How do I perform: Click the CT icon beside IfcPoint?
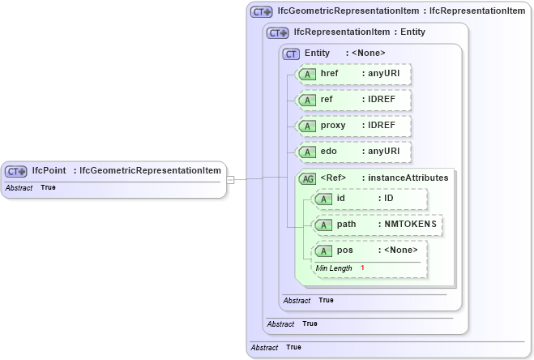tap(16, 171)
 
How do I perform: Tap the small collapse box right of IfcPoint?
tap(230, 179)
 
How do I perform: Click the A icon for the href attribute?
tap(307, 75)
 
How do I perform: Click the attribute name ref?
tap(327, 100)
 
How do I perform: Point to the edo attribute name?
tap(328, 152)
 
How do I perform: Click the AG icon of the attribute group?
tap(307, 178)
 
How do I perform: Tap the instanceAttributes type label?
tap(408, 178)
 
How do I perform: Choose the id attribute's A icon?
tap(323, 199)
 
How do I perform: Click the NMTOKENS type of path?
tap(409, 225)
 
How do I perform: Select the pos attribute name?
tap(344, 251)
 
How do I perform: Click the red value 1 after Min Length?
tap(362, 268)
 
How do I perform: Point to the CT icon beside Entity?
tap(291, 54)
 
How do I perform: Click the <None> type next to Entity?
tap(368, 54)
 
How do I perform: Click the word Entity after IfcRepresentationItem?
tap(412, 32)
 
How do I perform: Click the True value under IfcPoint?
tap(48, 187)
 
